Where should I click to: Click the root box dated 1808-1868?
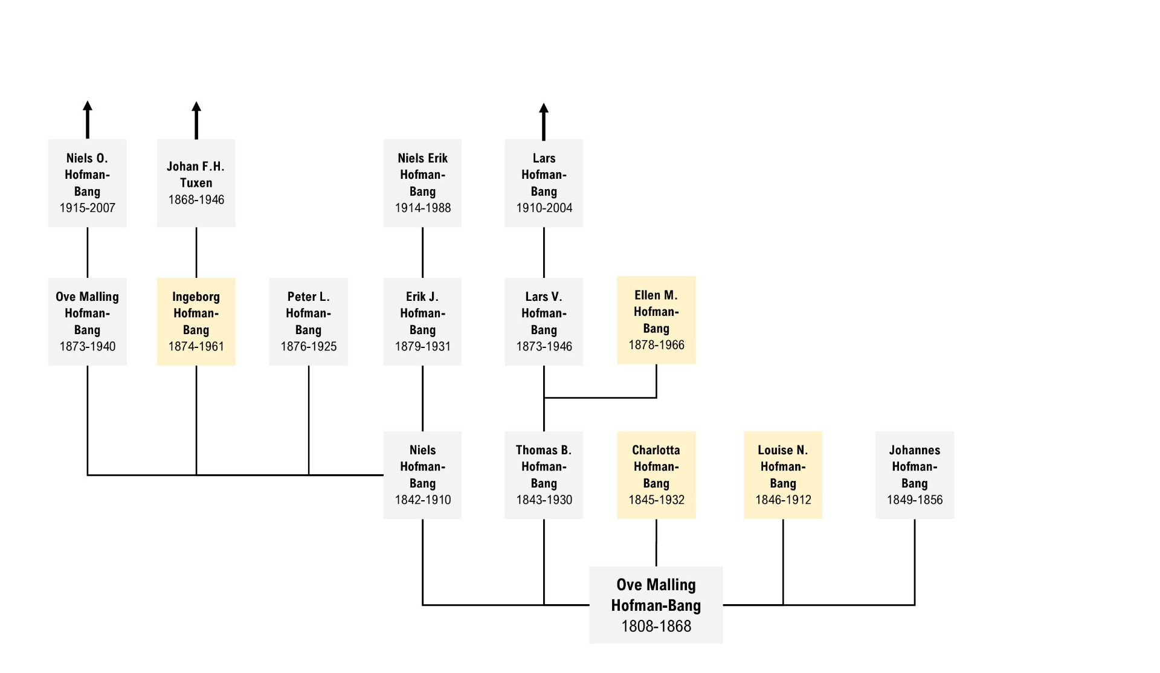pyautogui.click(x=656, y=605)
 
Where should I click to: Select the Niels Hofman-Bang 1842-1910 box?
pyautogui.click(x=422, y=475)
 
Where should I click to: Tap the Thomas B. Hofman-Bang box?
pyautogui.click(x=544, y=475)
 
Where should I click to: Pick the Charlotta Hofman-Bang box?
pyautogui.click(x=656, y=475)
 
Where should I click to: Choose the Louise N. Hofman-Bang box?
pyautogui.click(x=783, y=475)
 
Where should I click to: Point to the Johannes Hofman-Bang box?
pyautogui.click(x=915, y=475)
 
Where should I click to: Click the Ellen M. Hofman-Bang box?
pyautogui.click(x=656, y=320)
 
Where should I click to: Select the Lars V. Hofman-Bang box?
pyautogui.click(x=544, y=321)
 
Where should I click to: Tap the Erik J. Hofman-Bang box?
pyautogui.click(x=422, y=321)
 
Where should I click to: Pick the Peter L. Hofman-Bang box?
pyautogui.click(x=308, y=321)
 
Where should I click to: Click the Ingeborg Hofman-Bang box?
pyautogui.click(x=196, y=321)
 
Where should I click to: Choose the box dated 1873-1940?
pyautogui.click(x=88, y=321)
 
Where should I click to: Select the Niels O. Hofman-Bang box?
pyautogui.click(x=88, y=183)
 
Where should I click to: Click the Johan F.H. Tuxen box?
pyautogui.click(x=196, y=183)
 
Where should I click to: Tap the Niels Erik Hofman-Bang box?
pyautogui.click(x=422, y=183)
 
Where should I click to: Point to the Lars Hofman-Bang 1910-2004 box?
pyautogui.click(x=544, y=183)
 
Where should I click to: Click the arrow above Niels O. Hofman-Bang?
pyautogui.click(x=88, y=120)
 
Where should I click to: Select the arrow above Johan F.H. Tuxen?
pyautogui.click(x=196, y=120)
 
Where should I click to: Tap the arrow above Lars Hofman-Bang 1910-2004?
pyautogui.click(x=544, y=121)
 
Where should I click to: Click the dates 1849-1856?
pyautogui.click(x=915, y=500)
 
